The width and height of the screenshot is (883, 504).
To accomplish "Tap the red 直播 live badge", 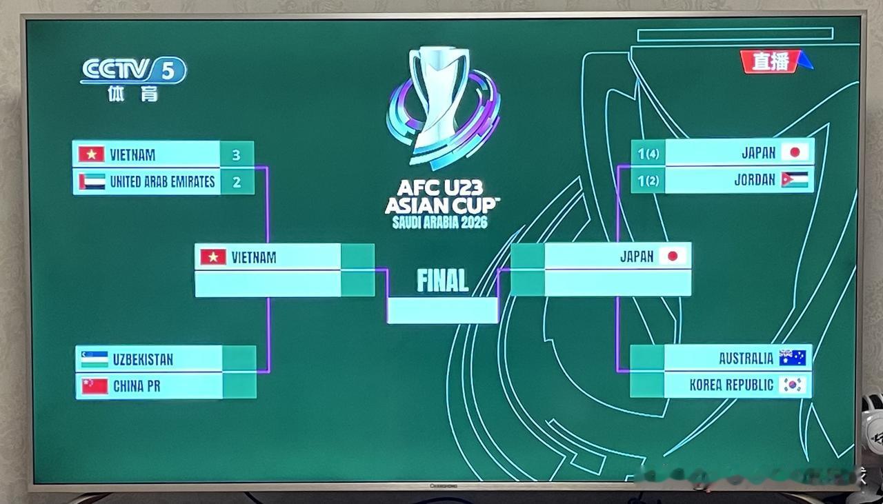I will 772,61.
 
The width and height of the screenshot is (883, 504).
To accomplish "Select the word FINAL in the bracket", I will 442,281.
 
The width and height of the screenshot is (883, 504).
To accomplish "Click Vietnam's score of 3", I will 237,154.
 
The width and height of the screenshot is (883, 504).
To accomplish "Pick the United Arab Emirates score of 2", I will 237,182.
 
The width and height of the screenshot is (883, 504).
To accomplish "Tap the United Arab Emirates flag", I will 92,182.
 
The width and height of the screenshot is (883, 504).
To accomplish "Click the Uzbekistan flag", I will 95,359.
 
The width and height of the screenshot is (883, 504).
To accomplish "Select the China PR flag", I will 95,386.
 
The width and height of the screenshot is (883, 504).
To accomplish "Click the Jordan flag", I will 795,180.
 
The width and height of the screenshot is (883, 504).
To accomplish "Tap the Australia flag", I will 793,358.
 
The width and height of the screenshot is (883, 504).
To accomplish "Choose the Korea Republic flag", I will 793,385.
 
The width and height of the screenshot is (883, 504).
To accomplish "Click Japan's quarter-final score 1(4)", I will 648,153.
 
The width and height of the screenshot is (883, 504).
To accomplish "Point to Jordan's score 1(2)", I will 648,180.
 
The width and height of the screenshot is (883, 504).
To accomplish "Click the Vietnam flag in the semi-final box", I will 213,257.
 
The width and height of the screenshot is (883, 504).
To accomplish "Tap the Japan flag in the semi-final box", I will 673,256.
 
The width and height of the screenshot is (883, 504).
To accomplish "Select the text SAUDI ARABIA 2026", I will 440,223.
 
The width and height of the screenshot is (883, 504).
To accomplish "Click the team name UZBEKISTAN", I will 143,359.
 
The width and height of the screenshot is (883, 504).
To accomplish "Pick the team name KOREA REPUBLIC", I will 731,385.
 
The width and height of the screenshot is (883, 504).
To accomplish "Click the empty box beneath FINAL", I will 442,310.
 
